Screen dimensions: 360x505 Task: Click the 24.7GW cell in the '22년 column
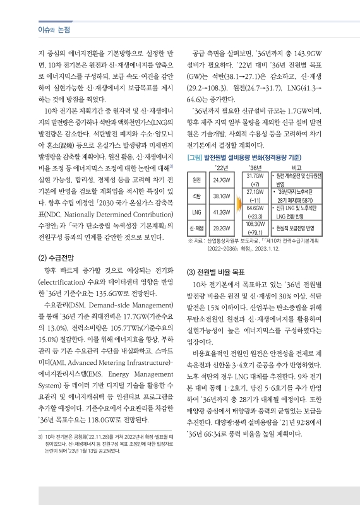[x=222, y=179]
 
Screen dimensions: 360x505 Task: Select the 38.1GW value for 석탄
[x=222, y=196]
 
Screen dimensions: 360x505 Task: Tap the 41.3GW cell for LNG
[x=222, y=211]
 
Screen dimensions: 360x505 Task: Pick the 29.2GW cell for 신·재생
[x=222, y=228]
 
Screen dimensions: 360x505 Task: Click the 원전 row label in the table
[x=196, y=179]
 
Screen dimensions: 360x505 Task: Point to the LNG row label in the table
[x=196, y=211]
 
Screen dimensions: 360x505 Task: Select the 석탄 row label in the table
[x=196, y=196]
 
